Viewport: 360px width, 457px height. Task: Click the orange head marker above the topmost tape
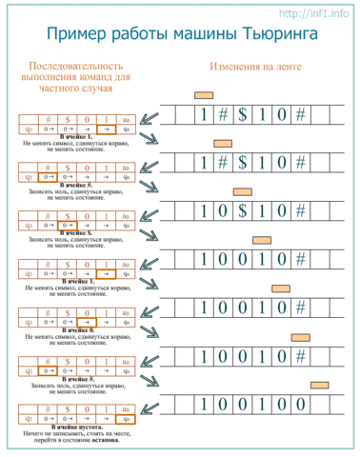coord(203,95)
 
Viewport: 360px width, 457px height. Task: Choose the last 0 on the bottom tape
coord(298,404)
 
